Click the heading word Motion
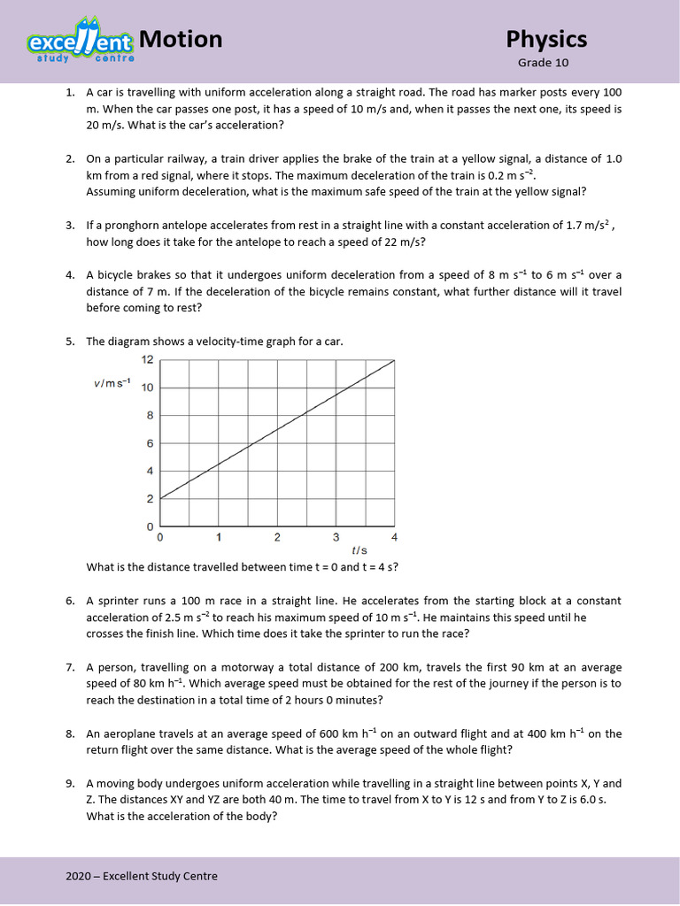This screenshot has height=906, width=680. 181,39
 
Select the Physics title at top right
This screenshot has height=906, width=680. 546,39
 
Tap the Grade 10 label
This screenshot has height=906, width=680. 543,63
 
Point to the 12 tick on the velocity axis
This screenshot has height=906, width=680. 148,359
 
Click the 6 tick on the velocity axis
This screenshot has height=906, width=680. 151,443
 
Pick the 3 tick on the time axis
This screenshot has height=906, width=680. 336,537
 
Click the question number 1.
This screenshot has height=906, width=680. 69,92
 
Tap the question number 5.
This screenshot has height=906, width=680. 69,342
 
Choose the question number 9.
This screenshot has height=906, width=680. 69,783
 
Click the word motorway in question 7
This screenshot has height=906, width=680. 256,667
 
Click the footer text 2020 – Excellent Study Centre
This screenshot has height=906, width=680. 142,876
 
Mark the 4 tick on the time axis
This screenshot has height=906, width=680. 394,537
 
